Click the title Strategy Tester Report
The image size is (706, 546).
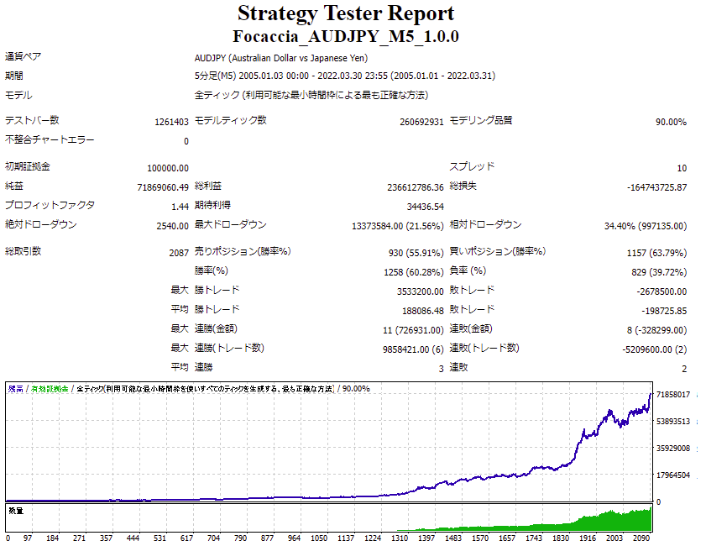point(346,13)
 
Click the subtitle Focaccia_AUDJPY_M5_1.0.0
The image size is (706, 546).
point(346,37)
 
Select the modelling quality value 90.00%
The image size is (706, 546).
point(671,122)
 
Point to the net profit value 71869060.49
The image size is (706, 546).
point(161,187)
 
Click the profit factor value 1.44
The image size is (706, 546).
point(180,207)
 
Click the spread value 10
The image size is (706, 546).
point(681,168)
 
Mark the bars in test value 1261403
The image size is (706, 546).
point(171,122)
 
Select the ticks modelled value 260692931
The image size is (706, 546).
point(421,122)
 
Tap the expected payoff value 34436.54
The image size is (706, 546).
point(425,207)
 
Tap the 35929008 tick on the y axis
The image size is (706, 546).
point(672,449)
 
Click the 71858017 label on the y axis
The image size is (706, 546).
point(672,395)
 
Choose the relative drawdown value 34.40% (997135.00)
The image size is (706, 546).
point(645,226)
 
